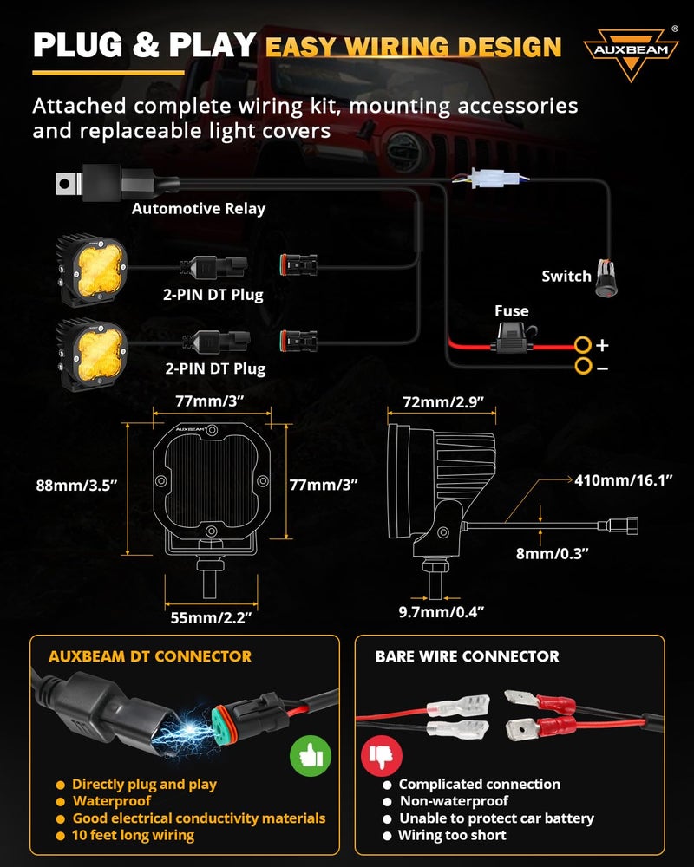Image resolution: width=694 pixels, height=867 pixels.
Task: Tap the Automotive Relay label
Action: coord(199,209)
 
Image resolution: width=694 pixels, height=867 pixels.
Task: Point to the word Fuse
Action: coord(511,311)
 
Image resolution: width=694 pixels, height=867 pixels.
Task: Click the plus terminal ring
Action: coord(582,345)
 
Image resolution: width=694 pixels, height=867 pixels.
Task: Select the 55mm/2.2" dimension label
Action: coord(213,617)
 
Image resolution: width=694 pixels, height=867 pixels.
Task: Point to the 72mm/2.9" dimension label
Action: coord(444,403)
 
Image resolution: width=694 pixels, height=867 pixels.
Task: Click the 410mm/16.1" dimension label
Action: coord(624,479)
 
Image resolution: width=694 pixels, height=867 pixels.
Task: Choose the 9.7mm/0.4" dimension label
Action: coord(441,612)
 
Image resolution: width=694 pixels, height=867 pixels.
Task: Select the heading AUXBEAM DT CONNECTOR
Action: coord(149,656)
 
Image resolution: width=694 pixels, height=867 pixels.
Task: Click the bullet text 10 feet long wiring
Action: coord(133,836)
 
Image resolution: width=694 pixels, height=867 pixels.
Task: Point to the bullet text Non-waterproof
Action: coord(454,801)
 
